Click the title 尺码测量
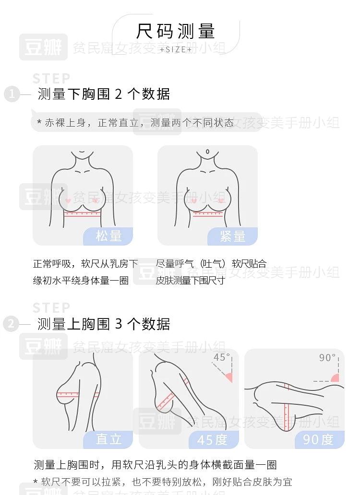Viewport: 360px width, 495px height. pyautogui.click(x=176, y=31)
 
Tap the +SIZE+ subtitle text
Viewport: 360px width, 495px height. pyautogui.click(x=176, y=49)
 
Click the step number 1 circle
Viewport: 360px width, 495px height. pyautogui.click(x=12, y=94)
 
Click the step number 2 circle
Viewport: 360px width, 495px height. pyautogui.click(x=11, y=324)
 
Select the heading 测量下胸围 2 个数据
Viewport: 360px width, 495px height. pyautogui.click(x=104, y=94)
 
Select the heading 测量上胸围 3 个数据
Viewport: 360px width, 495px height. pyautogui.click(x=104, y=324)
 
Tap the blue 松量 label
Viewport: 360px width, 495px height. pyautogui.click(x=108, y=236)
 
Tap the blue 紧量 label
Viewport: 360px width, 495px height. pyautogui.click(x=233, y=236)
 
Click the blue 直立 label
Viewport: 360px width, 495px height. pyautogui.click(x=108, y=439)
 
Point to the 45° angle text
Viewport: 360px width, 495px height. pyautogui.click(x=222, y=357)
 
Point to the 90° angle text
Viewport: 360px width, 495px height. pyautogui.click(x=327, y=357)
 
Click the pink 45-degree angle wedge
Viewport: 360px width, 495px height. pyautogui.click(x=229, y=377)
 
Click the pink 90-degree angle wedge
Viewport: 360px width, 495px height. pyautogui.click(x=336, y=378)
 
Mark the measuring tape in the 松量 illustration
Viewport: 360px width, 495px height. pyautogui.click(x=82, y=214)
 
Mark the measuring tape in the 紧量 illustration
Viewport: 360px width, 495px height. pyautogui.click(x=208, y=214)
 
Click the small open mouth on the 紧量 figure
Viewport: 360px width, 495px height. pyautogui.click(x=207, y=152)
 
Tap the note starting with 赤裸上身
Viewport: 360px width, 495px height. pyautogui.click(x=135, y=122)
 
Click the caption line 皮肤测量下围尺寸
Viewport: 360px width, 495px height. pyautogui.click(x=190, y=280)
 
